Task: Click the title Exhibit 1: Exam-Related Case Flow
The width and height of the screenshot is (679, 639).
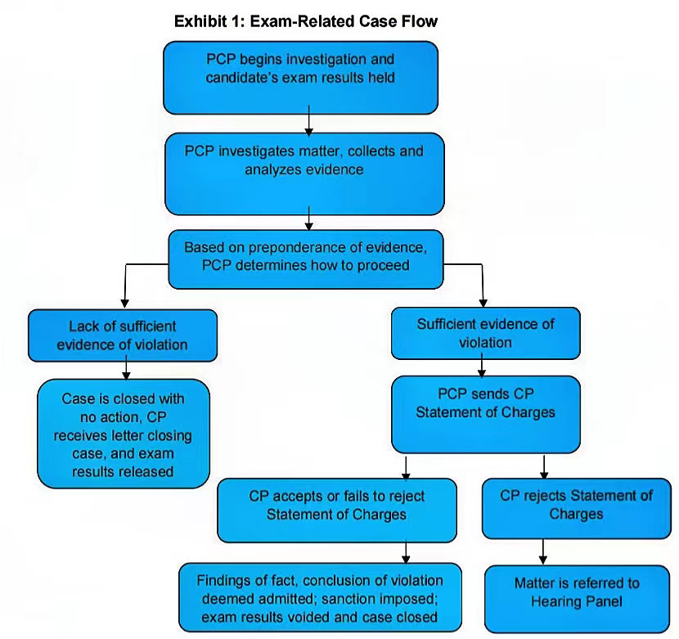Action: [x=306, y=22]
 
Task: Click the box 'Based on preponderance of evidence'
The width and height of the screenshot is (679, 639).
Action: [x=307, y=258]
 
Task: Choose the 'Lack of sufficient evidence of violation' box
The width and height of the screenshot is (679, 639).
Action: [x=123, y=335]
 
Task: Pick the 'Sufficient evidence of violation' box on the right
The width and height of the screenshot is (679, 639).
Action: [x=485, y=333]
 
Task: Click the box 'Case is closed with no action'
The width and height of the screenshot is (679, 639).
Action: [x=124, y=434]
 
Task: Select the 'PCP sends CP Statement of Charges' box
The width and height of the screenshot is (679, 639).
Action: [x=485, y=413]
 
